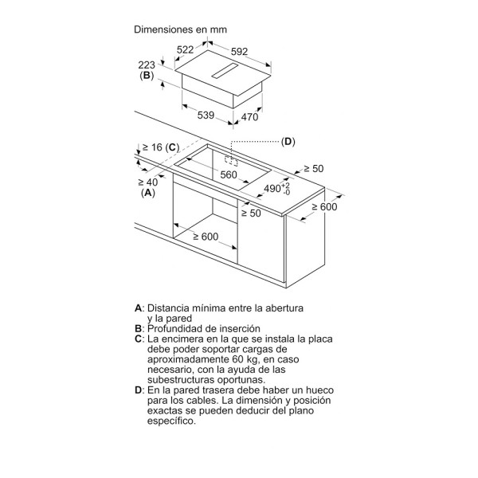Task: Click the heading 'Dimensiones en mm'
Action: pos(181,29)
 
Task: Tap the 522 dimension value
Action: pos(186,49)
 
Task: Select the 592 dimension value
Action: pos(239,52)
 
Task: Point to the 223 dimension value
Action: pos(147,65)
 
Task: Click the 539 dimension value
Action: pos(206,116)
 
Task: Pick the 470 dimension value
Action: pos(249,117)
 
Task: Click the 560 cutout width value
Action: pos(229,174)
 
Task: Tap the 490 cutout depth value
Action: pos(272,188)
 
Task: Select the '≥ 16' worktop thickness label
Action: pos(152,147)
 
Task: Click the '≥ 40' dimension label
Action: pos(148,182)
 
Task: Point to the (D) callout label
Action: pos(288,142)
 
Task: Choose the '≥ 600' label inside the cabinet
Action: pos(206,237)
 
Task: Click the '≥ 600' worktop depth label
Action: pos(325,207)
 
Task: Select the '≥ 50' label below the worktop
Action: pos(251,213)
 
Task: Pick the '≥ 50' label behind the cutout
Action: pos(314,169)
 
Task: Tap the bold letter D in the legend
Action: pos(139,390)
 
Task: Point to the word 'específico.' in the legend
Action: pos(171,421)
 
